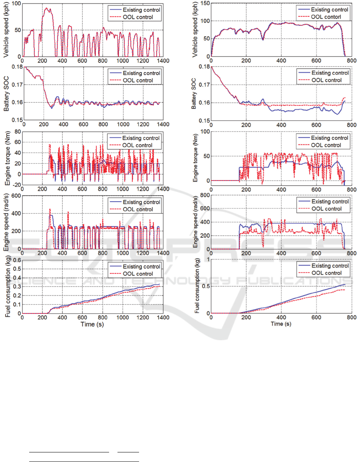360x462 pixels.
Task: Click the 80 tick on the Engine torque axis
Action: tap(18, 131)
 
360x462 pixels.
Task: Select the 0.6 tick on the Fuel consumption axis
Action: tap(16, 260)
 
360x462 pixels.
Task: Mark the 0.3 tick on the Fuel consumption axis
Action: tap(16, 286)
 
